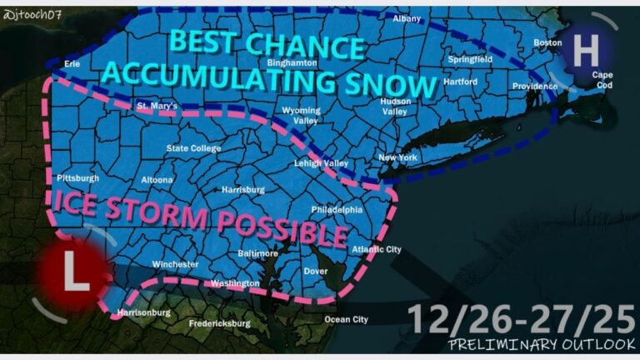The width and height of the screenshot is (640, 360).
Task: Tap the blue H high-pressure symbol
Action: pos(586,52)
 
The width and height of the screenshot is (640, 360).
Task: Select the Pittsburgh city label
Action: pos(77,178)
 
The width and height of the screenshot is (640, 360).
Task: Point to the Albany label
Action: pos(407,18)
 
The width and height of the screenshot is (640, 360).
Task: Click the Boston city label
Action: pos(547,42)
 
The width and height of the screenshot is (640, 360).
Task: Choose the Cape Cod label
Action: pos(602,79)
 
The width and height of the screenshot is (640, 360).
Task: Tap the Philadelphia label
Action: pos(337,210)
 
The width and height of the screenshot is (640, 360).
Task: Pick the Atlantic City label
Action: pos(377,249)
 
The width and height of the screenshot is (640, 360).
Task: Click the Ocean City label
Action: pos(346,319)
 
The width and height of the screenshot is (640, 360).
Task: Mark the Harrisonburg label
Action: pos(143,312)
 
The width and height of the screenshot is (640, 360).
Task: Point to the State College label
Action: pos(193,149)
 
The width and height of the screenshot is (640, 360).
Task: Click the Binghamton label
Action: pos(292,62)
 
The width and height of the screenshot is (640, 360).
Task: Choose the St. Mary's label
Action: pos(158,105)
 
